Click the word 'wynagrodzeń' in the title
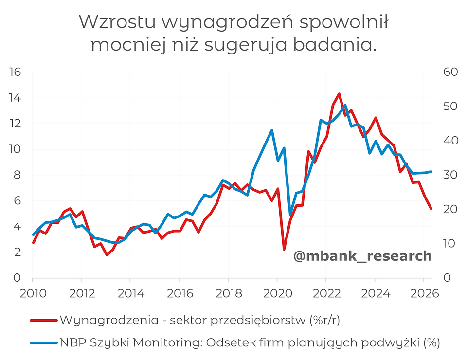[229, 23]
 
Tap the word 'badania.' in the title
[335, 45]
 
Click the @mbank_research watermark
[362, 256]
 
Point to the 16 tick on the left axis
[15, 72]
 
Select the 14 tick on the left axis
[15, 98]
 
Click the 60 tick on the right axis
[450, 72]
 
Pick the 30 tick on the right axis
[450, 175]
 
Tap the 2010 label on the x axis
[33, 294]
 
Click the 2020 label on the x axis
[278, 294]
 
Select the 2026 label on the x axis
[425, 294]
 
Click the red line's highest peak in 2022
[339, 94]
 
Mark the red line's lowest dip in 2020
[284, 249]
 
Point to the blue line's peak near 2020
[271, 130]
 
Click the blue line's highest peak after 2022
[345, 105]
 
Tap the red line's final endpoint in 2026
[431, 208]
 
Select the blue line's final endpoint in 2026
[431, 172]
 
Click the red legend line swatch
[44, 321]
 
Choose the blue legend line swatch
[44, 342]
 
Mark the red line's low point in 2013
[107, 254]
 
